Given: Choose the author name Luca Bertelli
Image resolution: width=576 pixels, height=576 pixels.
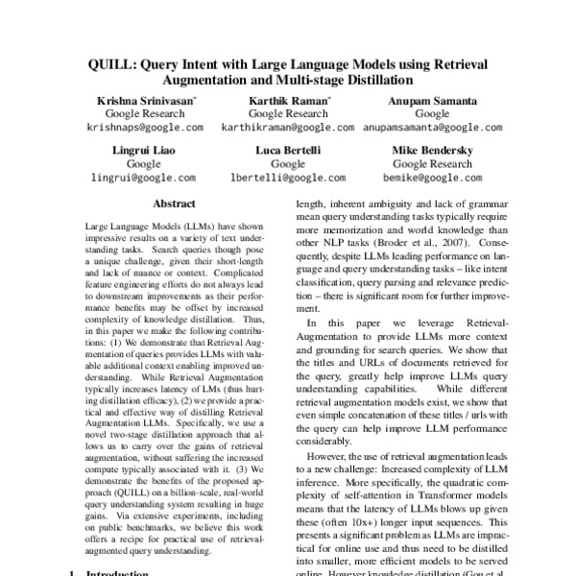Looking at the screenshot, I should [288, 151].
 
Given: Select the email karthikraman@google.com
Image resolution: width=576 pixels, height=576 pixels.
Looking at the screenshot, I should [288, 126].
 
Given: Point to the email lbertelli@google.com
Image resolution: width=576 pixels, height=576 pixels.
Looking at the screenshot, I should [288, 178].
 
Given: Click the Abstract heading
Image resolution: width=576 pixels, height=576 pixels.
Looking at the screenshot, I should [174, 204].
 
